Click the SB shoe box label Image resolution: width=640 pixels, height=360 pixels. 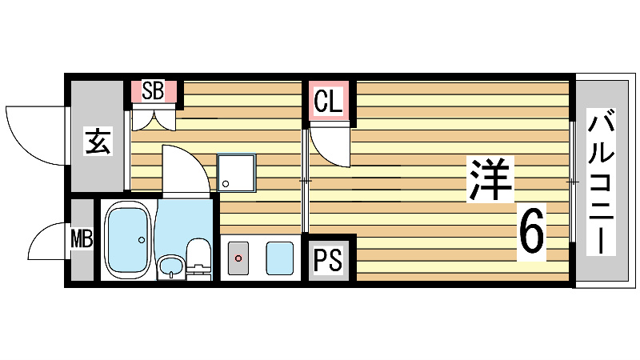(x=153, y=91)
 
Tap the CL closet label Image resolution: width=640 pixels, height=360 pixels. (x=327, y=102)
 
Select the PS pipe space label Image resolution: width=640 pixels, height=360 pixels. (x=327, y=258)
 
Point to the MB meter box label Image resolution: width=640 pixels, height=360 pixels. (x=81, y=239)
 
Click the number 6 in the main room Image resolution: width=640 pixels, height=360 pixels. (x=531, y=232)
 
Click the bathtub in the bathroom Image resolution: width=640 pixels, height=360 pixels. (x=129, y=241)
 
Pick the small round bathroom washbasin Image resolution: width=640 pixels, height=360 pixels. (x=170, y=266)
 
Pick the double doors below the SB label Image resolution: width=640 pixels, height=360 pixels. (x=154, y=118)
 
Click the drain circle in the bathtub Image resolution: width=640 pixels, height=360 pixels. (x=142, y=240)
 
